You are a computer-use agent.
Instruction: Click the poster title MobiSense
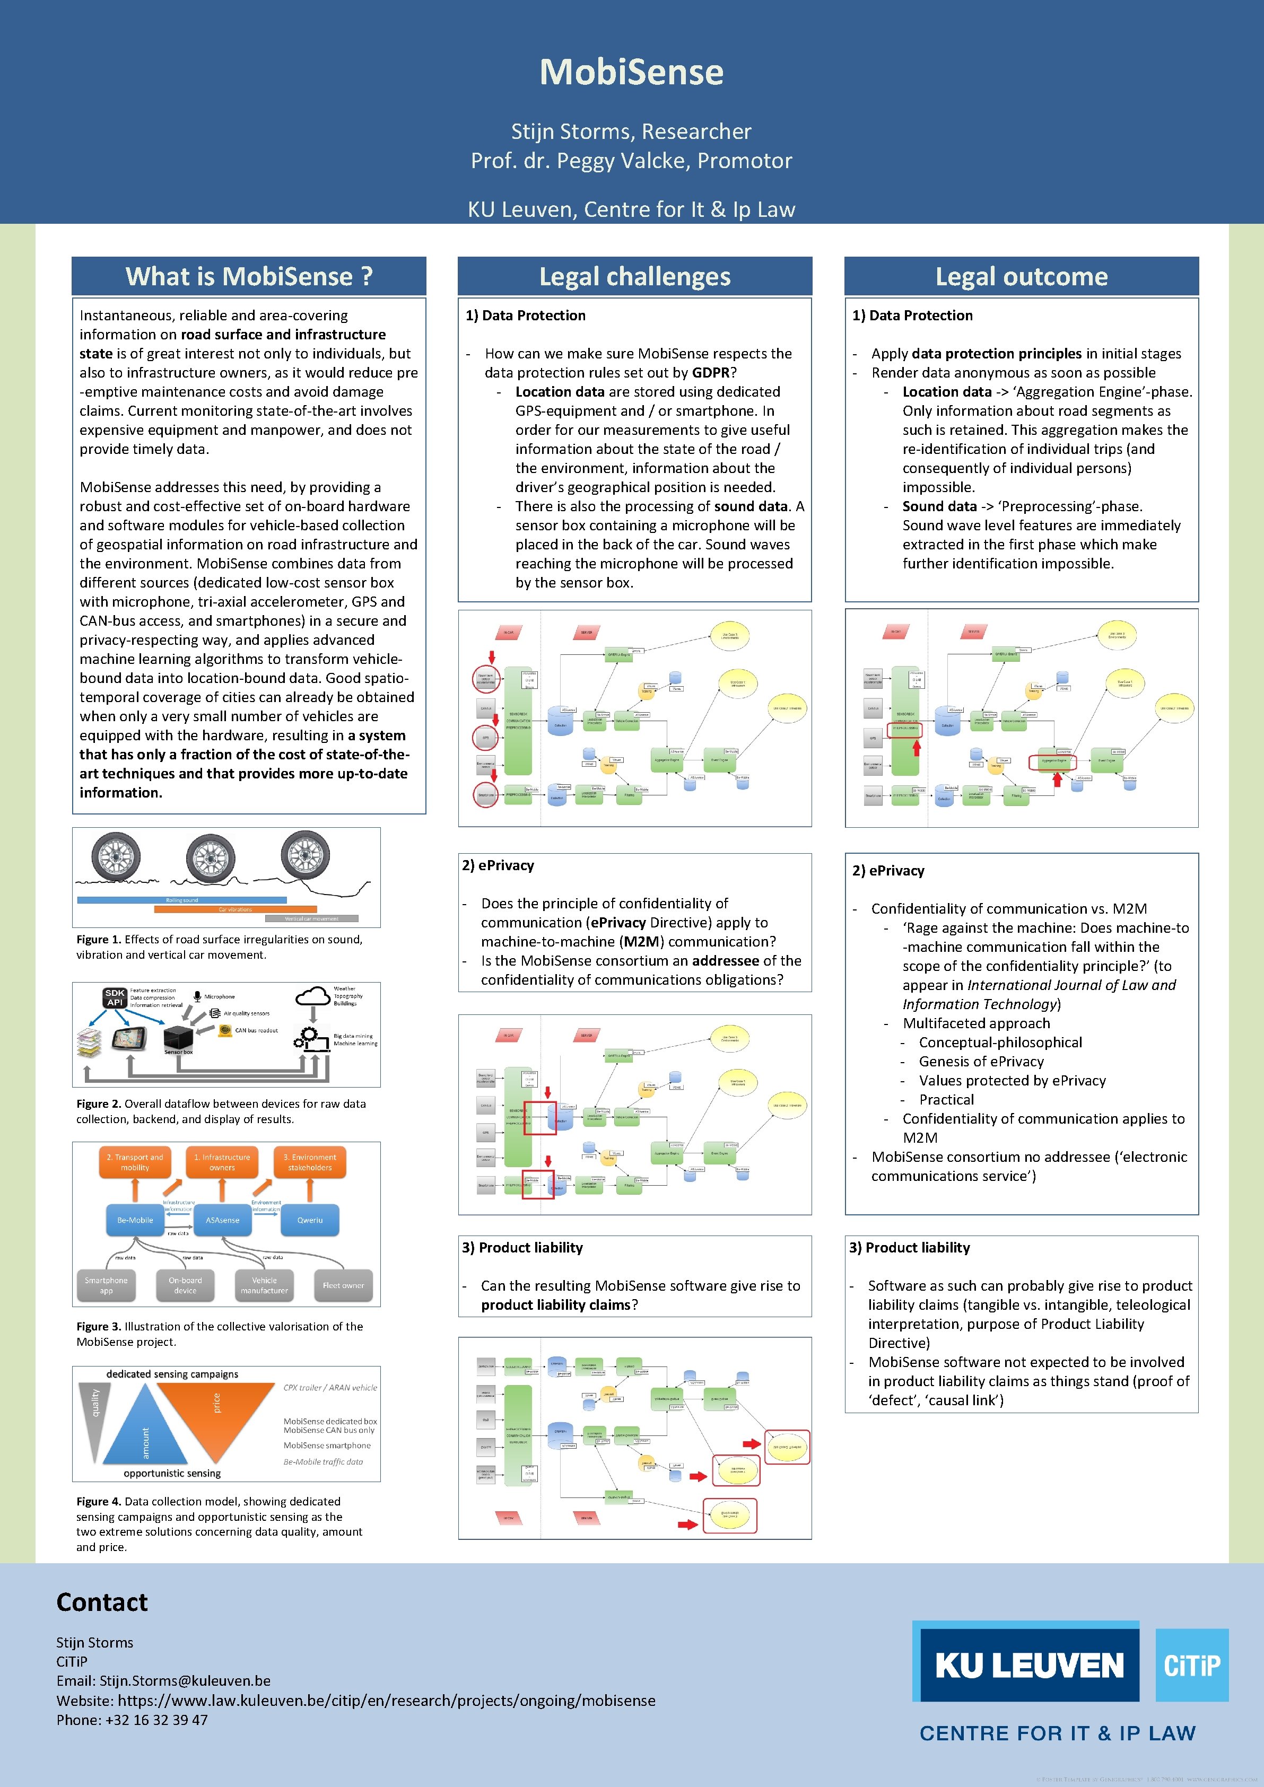631,73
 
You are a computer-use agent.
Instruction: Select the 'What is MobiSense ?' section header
249,276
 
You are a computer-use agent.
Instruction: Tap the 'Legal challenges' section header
634,276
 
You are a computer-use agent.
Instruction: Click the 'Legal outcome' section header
1021,276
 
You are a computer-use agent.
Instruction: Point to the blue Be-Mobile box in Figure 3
135,1220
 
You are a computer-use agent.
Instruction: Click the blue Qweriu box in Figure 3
310,1220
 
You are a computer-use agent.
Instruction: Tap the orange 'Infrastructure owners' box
222,1162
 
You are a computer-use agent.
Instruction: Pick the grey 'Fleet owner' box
343,1285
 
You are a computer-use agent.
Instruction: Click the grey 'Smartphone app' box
107,1285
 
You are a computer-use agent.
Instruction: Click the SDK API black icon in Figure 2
115,998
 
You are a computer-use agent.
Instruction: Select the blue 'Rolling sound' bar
181,900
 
